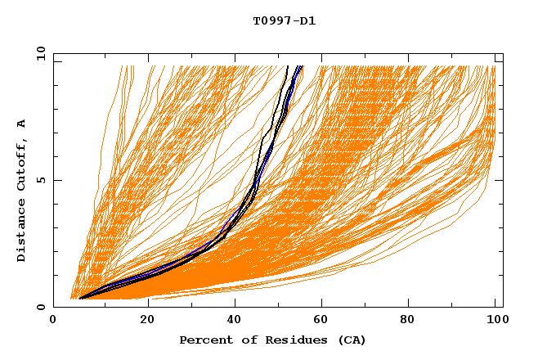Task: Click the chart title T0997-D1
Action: pyautogui.click(x=285, y=21)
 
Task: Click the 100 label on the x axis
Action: pyautogui.click(x=496, y=320)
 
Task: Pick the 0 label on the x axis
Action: pyautogui.click(x=54, y=320)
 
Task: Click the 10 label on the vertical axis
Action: pyautogui.click(x=38, y=53)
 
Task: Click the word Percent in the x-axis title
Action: pyautogui.click(x=204, y=340)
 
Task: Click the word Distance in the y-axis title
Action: pyautogui.click(x=21, y=232)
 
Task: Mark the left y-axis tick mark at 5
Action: pyautogui.click(x=56, y=180)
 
